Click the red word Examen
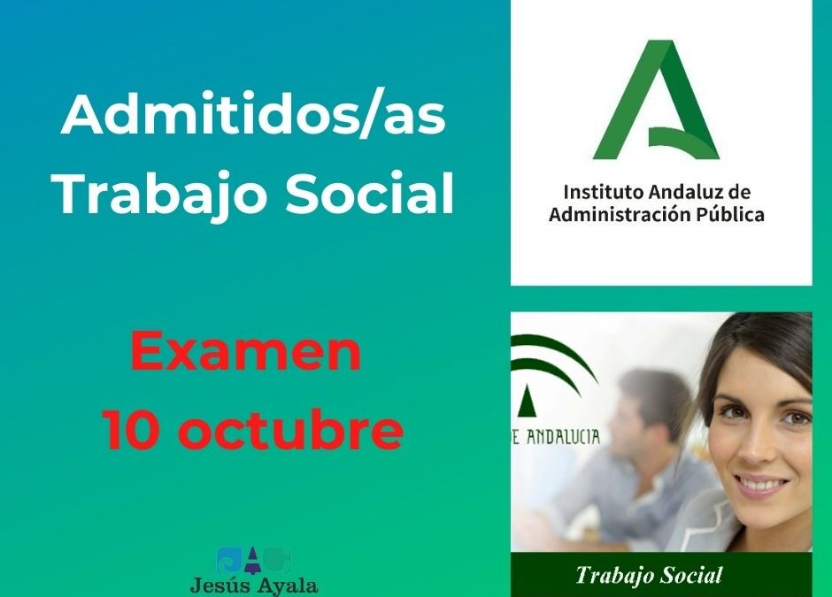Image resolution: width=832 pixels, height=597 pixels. [x=245, y=351]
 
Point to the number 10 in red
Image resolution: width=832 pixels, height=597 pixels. [x=132, y=430]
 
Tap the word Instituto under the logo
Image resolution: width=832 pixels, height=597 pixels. [x=598, y=192]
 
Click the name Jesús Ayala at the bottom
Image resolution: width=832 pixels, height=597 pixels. [x=254, y=585]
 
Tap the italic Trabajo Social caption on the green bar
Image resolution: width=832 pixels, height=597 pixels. [x=648, y=577]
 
